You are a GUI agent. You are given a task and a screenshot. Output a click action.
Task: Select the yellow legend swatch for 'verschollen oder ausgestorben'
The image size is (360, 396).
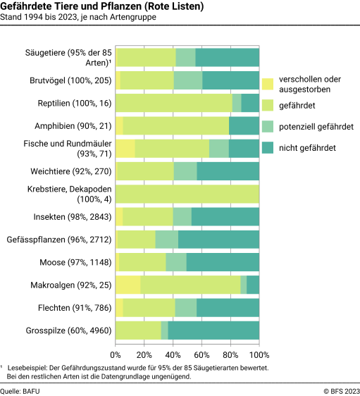pos(268,84)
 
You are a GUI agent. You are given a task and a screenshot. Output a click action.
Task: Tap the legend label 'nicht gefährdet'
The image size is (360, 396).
pos(307,147)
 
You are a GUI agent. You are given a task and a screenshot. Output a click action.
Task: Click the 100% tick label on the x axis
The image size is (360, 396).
pos(259,355)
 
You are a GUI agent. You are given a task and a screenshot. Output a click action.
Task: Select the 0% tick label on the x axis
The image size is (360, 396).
pos(116,355)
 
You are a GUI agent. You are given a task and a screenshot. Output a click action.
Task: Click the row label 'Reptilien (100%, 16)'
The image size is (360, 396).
pos(74,104)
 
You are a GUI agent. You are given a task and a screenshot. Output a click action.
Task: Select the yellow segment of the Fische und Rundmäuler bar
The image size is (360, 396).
pos(125,149)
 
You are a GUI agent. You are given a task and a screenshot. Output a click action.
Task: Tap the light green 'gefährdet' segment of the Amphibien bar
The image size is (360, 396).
pos(176,126)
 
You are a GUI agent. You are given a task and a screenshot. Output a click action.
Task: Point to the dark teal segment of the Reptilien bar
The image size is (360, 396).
pos(250,104)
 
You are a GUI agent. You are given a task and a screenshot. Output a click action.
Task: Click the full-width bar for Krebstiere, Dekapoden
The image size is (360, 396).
pos(187,194)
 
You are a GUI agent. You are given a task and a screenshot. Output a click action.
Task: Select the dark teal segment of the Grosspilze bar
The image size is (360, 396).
pos(213,331)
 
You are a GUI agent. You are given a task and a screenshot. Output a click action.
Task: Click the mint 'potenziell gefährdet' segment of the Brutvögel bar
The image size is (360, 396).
pos(188,80)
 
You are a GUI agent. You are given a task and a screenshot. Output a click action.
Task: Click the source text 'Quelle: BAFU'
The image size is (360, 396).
pos(20,389)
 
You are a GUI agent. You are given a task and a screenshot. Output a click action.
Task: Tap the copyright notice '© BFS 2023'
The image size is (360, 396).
pos(341,389)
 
